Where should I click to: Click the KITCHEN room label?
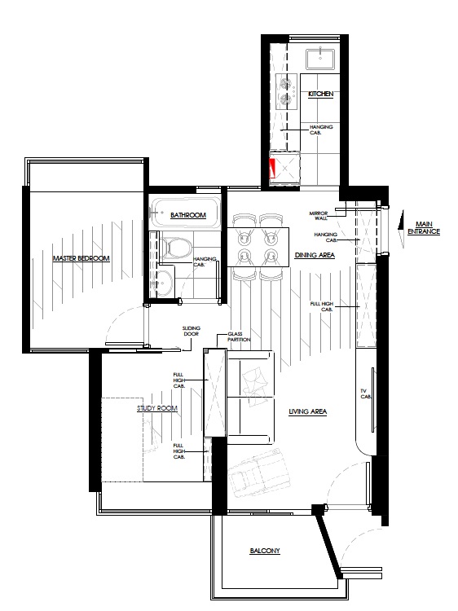pos(321,94)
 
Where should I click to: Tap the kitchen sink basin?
pos(320,59)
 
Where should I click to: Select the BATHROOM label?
pos(188,215)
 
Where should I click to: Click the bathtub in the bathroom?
pos(185,213)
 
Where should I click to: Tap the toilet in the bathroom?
pos(176,248)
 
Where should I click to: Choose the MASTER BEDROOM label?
pos(81,258)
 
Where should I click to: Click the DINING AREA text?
pos(315,255)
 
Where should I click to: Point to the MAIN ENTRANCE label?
pos(424,227)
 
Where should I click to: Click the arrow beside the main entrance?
pos(400,228)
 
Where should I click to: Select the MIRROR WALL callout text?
pos(319,216)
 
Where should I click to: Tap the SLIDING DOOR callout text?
pos(191,331)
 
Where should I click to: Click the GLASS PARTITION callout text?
pos(239,336)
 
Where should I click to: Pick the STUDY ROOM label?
pos(157,408)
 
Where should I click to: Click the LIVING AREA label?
pos(307,411)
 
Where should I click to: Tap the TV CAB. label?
pos(366,393)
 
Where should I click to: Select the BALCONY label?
pos(265,551)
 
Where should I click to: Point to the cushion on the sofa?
pos(254,382)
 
